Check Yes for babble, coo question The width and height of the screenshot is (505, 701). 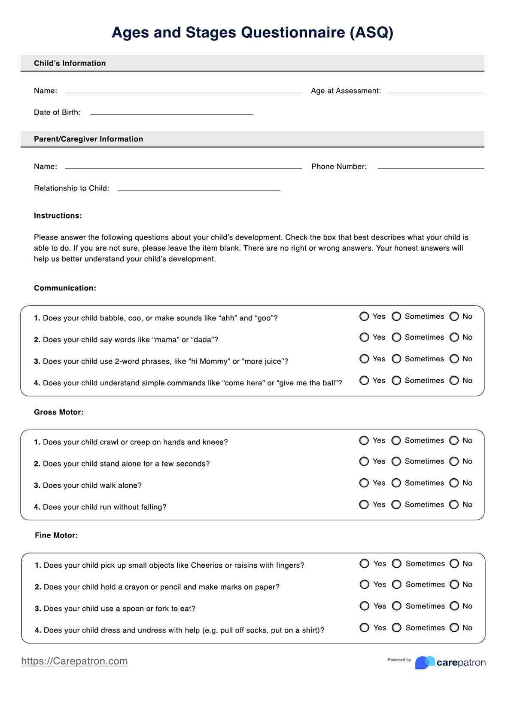coord(364,317)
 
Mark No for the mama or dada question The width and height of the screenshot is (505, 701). coord(454,338)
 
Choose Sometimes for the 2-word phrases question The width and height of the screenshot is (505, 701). coord(396,359)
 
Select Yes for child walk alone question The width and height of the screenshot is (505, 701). coord(364,483)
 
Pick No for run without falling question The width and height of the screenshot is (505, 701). coord(454,504)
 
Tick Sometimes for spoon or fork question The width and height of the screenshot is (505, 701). coord(397,606)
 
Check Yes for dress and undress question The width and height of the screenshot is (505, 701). coord(365,628)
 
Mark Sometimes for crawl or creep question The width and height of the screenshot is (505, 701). coord(396,440)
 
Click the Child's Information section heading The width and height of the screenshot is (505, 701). coord(70,63)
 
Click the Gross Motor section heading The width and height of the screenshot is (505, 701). coord(59,412)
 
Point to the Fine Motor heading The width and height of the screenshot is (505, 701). coord(56,535)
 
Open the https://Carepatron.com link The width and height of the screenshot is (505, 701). coord(74,661)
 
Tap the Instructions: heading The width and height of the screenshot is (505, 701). coord(58,216)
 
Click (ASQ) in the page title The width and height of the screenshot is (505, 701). coord(371,33)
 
